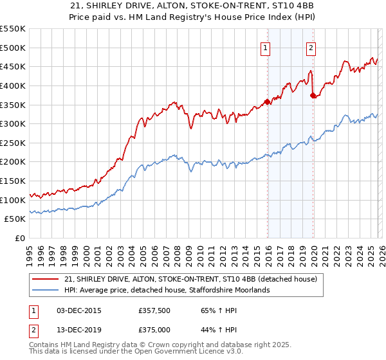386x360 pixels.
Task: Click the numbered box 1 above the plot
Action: [266, 47]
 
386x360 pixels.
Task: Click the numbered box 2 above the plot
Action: [311, 47]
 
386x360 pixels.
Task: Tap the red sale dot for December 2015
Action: [267, 101]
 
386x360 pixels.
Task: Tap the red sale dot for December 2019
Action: [313, 95]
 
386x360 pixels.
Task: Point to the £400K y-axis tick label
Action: [13, 85]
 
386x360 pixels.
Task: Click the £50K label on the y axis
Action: [15, 219]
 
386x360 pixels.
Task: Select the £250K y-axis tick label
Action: [13, 143]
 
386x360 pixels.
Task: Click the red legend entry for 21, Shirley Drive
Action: [190, 280]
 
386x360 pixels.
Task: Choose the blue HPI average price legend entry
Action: [167, 290]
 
